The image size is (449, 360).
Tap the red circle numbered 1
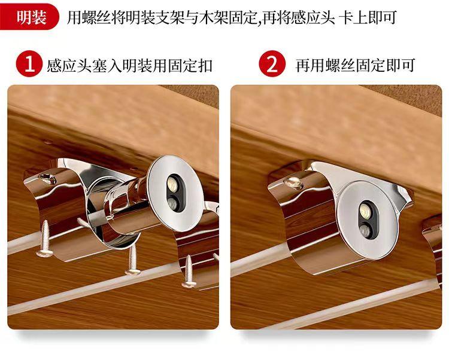click(x=29, y=64)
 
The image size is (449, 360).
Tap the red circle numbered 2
click(x=272, y=64)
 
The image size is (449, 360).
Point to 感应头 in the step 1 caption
click(x=69, y=65)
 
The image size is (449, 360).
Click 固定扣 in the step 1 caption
click(x=190, y=65)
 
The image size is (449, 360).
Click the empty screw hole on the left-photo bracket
click(x=47, y=178)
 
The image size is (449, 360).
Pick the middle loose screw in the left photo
click(x=132, y=260)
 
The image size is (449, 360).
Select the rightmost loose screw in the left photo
click(x=189, y=271)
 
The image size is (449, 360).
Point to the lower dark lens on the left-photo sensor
click(x=173, y=203)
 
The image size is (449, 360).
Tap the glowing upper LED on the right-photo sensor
click(x=364, y=209)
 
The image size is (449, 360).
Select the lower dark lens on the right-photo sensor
click(x=365, y=230)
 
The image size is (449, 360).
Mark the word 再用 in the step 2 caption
click(x=310, y=65)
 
